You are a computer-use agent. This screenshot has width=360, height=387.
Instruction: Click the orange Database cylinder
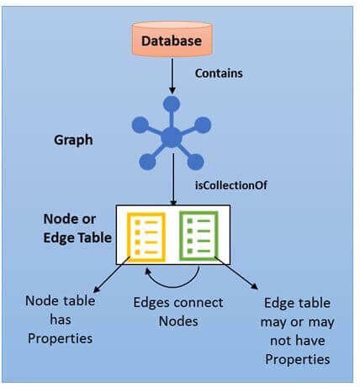pos(172,40)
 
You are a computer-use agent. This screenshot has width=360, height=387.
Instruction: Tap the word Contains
pos(219,73)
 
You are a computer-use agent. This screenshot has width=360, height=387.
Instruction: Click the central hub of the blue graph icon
pos(172,136)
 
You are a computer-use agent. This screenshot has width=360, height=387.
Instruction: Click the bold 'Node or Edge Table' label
pos(76,228)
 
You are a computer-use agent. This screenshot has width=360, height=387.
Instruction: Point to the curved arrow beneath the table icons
pos(172,280)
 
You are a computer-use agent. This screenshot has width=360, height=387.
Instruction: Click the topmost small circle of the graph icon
pos(172,104)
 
